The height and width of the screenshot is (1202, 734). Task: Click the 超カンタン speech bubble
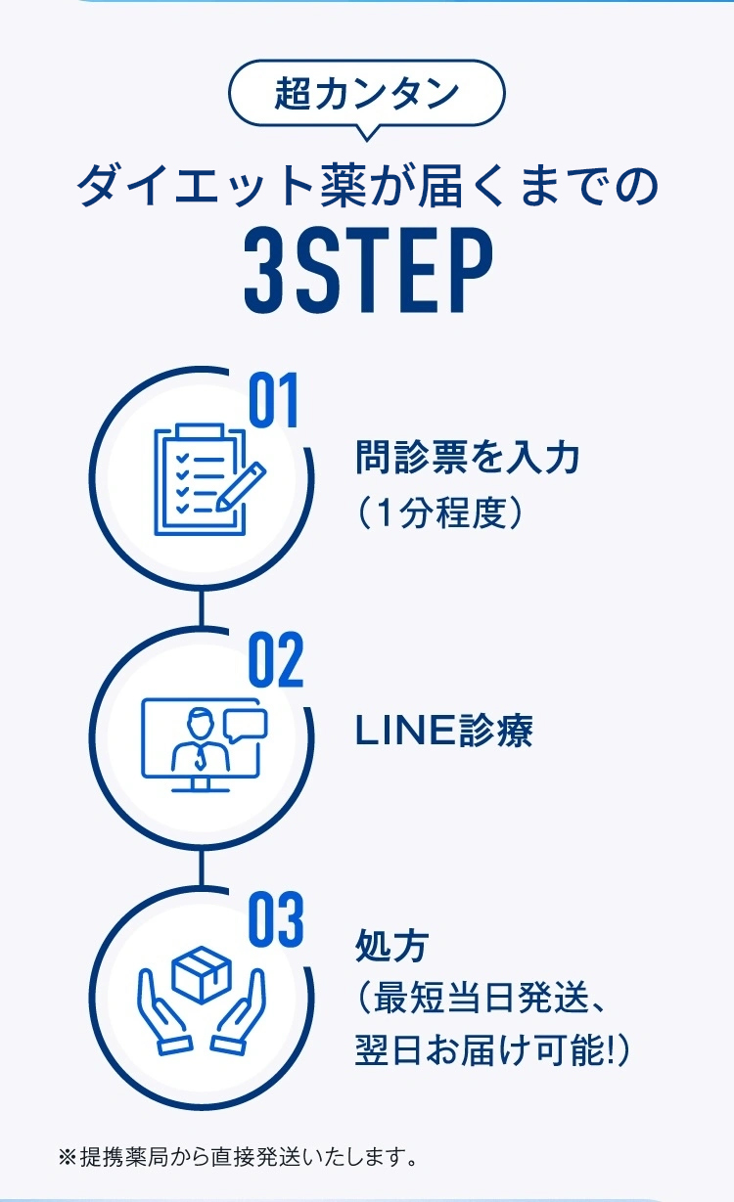point(366,95)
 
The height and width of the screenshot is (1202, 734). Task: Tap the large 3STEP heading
point(367,270)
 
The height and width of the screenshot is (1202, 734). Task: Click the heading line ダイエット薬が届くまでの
point(366,186)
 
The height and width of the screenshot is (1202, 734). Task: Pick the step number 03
point(275,920)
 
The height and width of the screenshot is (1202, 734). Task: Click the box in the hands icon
point(201,973)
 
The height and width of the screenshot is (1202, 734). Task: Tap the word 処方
point(391,946)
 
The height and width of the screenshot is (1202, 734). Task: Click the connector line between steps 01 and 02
point(202,607)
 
